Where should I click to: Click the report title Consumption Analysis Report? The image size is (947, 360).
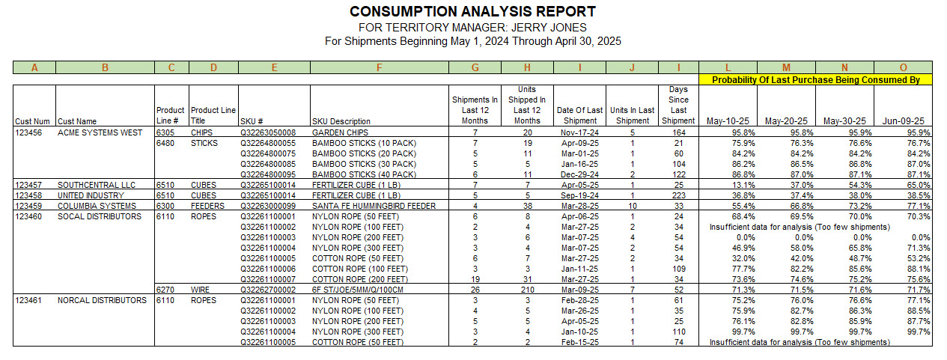473,11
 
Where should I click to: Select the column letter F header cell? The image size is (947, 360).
380,67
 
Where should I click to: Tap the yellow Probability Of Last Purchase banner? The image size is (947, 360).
815,79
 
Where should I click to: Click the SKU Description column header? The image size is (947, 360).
341,121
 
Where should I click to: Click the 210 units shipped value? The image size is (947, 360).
527,290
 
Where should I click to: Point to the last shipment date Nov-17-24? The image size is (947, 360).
579,132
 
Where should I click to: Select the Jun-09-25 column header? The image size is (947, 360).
903,121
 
